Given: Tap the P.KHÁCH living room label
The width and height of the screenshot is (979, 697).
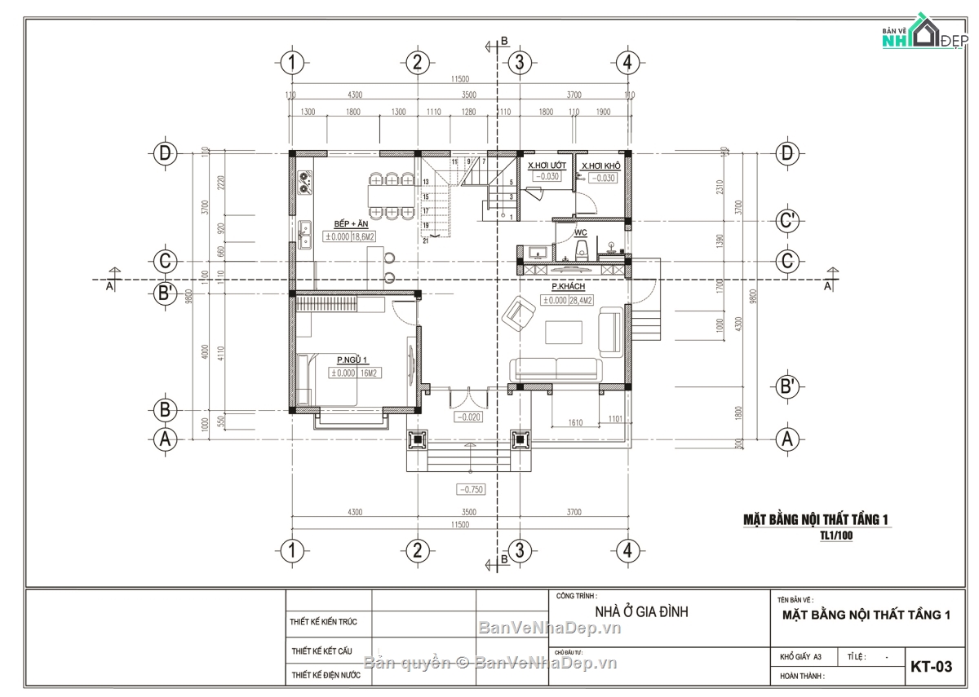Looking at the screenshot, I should [568, 287].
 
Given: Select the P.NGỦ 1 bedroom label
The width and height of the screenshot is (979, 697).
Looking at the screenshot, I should [352, 360].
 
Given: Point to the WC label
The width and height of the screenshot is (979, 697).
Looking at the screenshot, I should [581, 233].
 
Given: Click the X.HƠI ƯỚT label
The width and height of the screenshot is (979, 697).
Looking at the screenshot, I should [547, 165].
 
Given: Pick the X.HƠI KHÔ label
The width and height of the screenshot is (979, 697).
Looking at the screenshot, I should [601, 165].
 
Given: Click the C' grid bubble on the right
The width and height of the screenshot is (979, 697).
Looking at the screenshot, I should [787, 220].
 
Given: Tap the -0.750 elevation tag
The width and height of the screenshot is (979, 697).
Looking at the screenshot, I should [471, 490].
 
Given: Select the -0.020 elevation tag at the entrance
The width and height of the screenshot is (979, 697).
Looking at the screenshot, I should [469, 417].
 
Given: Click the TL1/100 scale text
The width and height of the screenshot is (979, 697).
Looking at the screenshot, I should [836, 536].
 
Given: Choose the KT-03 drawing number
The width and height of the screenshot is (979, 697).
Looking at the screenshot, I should [931, 667].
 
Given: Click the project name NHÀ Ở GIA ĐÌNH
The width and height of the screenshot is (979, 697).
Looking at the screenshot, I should [640, 611].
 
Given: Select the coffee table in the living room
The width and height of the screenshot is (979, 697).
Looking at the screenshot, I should [564, 333].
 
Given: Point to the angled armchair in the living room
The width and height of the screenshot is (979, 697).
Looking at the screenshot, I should [520, 311].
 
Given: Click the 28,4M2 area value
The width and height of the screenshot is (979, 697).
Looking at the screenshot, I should [581, 301].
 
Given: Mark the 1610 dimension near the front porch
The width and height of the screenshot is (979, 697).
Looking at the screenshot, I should [576, 422].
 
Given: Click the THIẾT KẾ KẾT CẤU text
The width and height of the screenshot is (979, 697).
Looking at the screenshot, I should [321, 651].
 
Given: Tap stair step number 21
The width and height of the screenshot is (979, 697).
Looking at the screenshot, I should [426, 240].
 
